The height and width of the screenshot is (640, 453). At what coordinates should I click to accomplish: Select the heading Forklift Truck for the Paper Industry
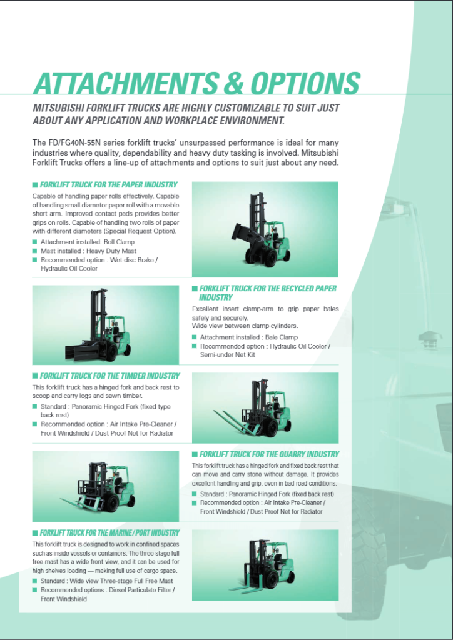pos(108,185)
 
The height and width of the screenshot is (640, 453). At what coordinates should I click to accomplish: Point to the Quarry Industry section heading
pos(269,454)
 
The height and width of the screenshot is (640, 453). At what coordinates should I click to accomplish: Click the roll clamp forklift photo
pos(265,229)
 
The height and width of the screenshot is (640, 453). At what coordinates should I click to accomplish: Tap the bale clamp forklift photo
pos(105,325)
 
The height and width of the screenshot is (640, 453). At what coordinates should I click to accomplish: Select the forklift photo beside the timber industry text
pos(265,408)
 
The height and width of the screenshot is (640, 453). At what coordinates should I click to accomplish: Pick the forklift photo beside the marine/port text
pos(265,565)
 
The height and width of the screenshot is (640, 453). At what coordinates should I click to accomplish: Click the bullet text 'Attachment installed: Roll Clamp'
pos(88,242)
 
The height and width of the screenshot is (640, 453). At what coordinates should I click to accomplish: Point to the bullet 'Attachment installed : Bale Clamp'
pos(249,337)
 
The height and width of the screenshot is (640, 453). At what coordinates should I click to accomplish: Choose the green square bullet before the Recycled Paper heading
pos(195,289)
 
